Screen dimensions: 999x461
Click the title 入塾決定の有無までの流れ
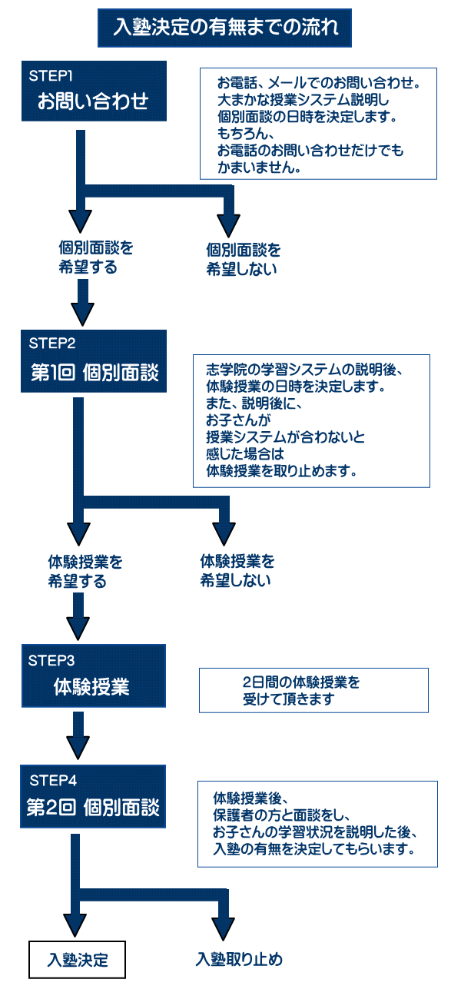click(x=225, y=29)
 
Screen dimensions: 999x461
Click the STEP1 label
click(x=51, y=76)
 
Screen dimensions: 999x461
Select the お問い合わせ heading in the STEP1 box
click(x=93, y=101)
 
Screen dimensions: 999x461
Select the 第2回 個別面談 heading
click(x=92, y=808)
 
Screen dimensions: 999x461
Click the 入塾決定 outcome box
click(x=77, y=960)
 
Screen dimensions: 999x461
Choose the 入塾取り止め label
click(x=239, y=960)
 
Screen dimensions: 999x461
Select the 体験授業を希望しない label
click(x=237, y=571)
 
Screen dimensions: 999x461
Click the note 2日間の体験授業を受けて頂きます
click(x=301, y=689)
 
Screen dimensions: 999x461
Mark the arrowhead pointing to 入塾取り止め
click(x=224, y=927)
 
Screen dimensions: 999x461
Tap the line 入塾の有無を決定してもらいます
click(x=315, y=850)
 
